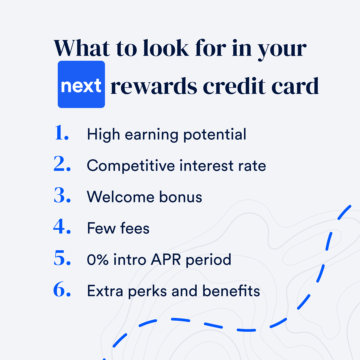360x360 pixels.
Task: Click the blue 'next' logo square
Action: (81, 84)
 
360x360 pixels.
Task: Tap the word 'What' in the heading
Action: (82, 48)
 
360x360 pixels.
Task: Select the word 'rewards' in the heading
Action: (154, 86)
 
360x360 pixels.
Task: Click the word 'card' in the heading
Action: (295, 86)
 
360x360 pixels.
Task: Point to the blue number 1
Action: (62, 132)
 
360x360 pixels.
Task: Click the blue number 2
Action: (62, 164)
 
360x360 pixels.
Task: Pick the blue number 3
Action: (62, 195)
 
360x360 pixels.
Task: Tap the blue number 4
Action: (62, 226)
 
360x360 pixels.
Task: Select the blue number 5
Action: (62, 258)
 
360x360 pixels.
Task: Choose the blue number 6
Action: (62, 289)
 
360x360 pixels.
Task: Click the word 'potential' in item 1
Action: (215, 135)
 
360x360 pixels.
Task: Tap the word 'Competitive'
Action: (131, 166)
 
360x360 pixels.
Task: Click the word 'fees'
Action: (135, 228)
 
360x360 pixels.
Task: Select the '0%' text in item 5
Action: (98, 260)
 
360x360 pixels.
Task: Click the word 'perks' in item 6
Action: (147, 291)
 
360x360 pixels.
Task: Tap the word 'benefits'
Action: (231, 291)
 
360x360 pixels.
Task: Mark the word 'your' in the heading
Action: (282, 51)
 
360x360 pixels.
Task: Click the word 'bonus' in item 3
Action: (181, 197)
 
